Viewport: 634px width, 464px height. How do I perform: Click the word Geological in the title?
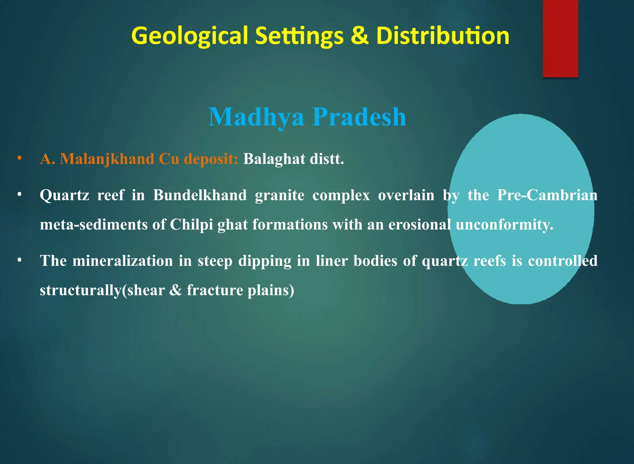click(x=189, y=36)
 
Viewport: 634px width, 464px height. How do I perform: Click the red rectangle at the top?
click(x=560, y=39)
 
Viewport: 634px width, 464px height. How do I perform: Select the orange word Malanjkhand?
click(x=107, y=159)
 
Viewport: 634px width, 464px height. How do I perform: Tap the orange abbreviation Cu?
click(x=169, y=159)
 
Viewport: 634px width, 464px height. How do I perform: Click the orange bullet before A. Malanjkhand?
click(x=20, y=158)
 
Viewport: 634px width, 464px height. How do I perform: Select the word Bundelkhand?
click(x=200, y=195)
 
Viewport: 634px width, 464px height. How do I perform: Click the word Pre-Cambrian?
click(x=547, y=195)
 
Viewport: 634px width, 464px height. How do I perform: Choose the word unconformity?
click(x=504, y=225)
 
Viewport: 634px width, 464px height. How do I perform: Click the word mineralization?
click(x=123, y=261)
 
